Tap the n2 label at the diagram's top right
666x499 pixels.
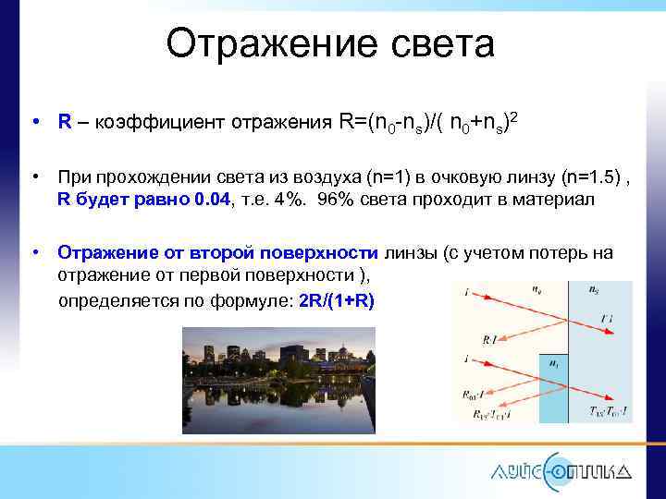[594, 290]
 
